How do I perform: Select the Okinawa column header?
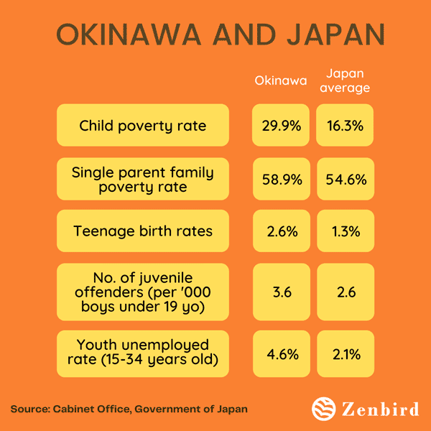tap(280, 80)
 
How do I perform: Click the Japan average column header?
tap(345, 80)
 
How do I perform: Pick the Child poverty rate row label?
tap(142, 126)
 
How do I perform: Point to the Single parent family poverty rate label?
tap(142, 179)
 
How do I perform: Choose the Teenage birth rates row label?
tap(142, 231)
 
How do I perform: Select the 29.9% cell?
tap(281, 126)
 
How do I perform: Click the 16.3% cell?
tap(345, 126)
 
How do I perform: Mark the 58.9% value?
tap(281, 179)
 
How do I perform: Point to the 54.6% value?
tap(345, 179)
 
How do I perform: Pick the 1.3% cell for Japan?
tap(345, 231)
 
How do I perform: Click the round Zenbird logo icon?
tap(324, 408)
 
